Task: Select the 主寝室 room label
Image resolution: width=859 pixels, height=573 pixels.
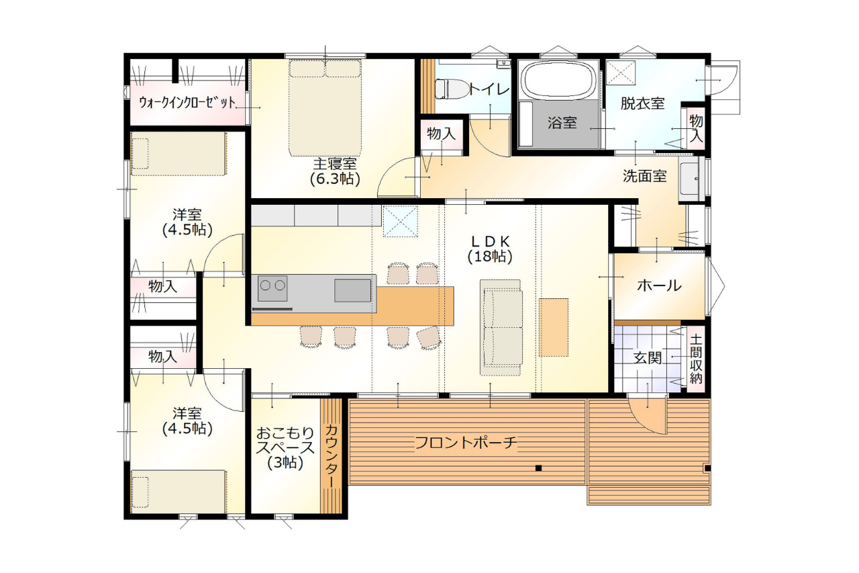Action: coord(335,164)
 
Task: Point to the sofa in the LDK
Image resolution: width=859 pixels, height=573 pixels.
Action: coord(501,327)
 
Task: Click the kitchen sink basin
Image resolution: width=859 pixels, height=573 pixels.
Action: coord(352,290)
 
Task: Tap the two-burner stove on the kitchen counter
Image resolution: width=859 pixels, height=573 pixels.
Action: coord(272,288)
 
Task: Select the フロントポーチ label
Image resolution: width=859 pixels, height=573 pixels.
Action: coord(466,443)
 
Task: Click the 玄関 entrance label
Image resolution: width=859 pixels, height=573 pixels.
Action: coord(647,357)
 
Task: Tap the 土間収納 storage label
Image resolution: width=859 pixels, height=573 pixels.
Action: coord(695,359)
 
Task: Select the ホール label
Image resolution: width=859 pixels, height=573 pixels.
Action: coord(659,285)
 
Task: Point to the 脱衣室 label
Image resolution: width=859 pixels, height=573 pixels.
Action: coord(642,103)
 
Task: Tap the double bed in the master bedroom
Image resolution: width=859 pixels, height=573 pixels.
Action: coord(325,107)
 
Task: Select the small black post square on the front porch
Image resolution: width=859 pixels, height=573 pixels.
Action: coord(538,468)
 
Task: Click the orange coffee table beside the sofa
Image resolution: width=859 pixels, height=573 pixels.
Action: coord(554,327)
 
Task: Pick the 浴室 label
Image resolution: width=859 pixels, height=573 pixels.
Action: coord(562,123)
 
